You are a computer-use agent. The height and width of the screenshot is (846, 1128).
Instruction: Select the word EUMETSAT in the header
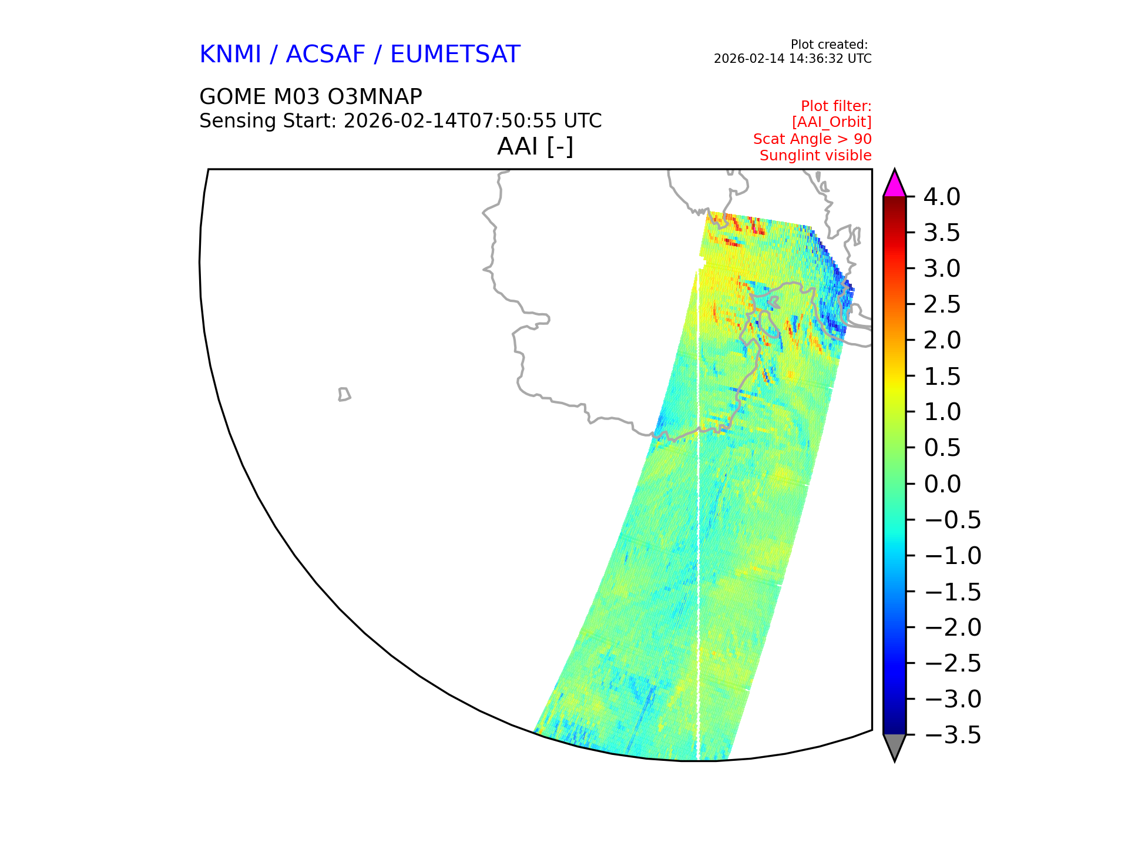pos(455,54)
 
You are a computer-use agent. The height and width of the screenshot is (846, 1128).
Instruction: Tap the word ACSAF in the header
pos(325,54)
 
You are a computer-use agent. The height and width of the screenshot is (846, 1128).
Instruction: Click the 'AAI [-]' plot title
pos(535,146)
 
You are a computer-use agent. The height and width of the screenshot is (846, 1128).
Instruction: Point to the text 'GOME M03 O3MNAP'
pos(311,96)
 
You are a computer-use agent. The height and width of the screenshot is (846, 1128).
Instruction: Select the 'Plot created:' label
pos(829,45)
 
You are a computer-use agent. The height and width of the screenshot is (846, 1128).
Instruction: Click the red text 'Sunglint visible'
pos(815,156)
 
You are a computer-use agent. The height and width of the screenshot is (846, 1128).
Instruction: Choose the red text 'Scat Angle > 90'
pos(813,139)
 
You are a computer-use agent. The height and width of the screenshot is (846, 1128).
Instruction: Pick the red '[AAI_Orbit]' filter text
pos(831,122)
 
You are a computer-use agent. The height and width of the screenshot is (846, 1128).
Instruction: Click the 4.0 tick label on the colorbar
pos(942,197)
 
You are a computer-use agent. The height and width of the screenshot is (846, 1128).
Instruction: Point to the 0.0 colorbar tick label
pos(942,484)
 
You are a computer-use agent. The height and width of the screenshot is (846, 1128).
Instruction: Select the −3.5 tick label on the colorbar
pos(952,735)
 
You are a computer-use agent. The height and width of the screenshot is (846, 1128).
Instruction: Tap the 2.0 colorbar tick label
pos(942,340)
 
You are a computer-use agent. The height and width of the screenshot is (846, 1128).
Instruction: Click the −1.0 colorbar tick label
pos(952,556)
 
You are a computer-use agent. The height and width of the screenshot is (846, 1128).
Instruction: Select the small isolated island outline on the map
pos(344,394)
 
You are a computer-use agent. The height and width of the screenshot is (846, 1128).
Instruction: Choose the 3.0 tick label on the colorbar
pos(942,268)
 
